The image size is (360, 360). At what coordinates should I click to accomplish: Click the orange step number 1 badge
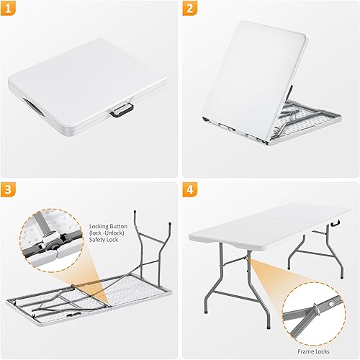12,10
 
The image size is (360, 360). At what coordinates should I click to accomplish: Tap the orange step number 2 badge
189,10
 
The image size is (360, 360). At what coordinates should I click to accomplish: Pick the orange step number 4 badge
189,191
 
